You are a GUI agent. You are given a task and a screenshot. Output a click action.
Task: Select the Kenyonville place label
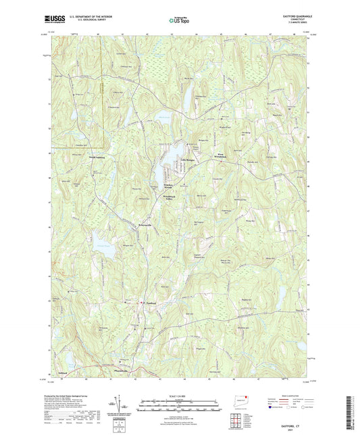(x=149, y=224)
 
